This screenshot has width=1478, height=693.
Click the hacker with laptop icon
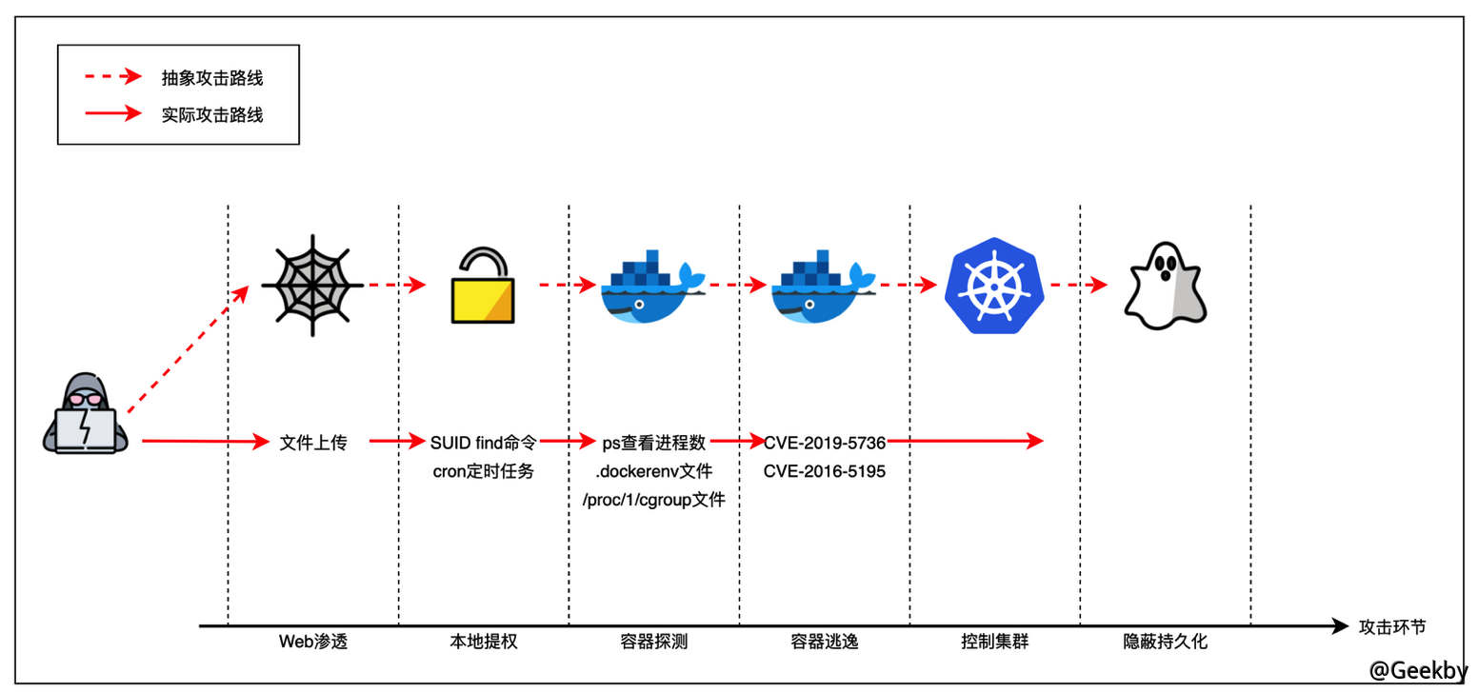[x=85, y=415]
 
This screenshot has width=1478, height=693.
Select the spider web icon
[x=312, y=285]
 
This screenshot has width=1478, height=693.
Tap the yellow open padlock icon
[x=482, y=287]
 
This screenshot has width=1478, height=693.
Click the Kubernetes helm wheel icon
[x=993, y=286]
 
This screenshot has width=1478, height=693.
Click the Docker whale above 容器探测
[x=652, y=287]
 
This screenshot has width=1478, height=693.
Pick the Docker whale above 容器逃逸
[x=823, y=287]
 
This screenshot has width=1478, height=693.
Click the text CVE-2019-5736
[x=825, y=443]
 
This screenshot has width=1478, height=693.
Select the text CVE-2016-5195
[x=825, y=471]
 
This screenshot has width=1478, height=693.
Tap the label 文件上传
[x=313, y=443]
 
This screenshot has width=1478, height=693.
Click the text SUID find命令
[x=484, y=443]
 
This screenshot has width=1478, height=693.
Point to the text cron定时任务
[x=484, y=471]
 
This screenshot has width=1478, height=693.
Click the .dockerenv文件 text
[x=654, y=471]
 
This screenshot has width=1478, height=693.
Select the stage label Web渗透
[x=313, y=642]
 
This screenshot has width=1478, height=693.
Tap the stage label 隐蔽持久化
[x=1165, y=642]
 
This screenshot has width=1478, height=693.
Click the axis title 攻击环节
[x=1393, y=626]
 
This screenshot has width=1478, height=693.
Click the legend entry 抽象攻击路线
[x=212, y=78]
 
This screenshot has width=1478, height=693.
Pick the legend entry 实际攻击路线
[x=212, y=115]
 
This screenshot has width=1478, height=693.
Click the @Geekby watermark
[x=1418, y=669]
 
